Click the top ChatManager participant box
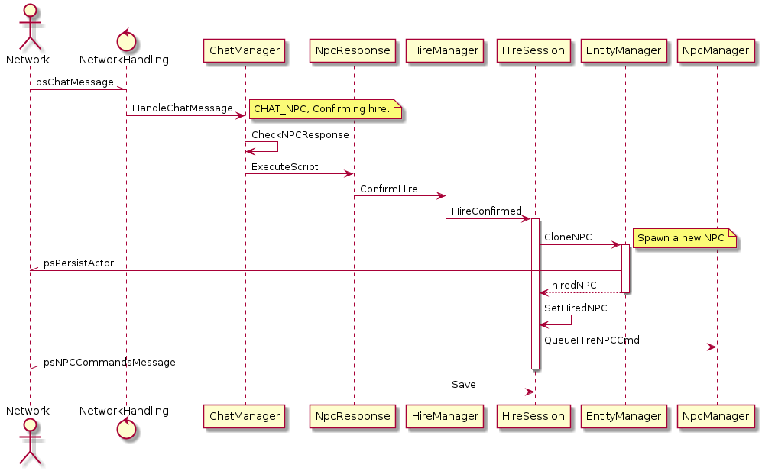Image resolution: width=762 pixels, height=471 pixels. coord(245,51)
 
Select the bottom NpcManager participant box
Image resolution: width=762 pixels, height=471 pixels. coord(716,416)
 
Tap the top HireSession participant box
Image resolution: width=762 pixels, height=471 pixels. coord(534,51)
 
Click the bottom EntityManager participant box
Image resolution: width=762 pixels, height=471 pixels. coord(624,416)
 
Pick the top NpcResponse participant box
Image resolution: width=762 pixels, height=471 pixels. coord(353,51)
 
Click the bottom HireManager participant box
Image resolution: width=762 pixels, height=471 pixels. coord(446,416)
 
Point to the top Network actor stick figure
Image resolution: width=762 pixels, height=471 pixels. coord(29,27)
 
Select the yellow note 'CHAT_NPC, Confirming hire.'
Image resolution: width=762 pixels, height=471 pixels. coord(327,110)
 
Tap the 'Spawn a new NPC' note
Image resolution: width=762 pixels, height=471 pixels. coord(681,238)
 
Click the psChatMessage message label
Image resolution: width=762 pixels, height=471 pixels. coord(75,82)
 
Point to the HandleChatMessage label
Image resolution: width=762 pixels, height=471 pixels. coord(182,108)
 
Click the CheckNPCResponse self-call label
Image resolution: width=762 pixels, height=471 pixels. coord(300,135)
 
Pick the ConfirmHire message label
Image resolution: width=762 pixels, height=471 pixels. coord(389,189)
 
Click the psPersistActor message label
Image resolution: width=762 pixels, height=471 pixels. coord(79,263)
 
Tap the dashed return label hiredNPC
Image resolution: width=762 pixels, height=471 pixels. coord(574,286)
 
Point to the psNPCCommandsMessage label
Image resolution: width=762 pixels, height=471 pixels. coord(109,363)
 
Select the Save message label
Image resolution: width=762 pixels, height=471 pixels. coord(464,385)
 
